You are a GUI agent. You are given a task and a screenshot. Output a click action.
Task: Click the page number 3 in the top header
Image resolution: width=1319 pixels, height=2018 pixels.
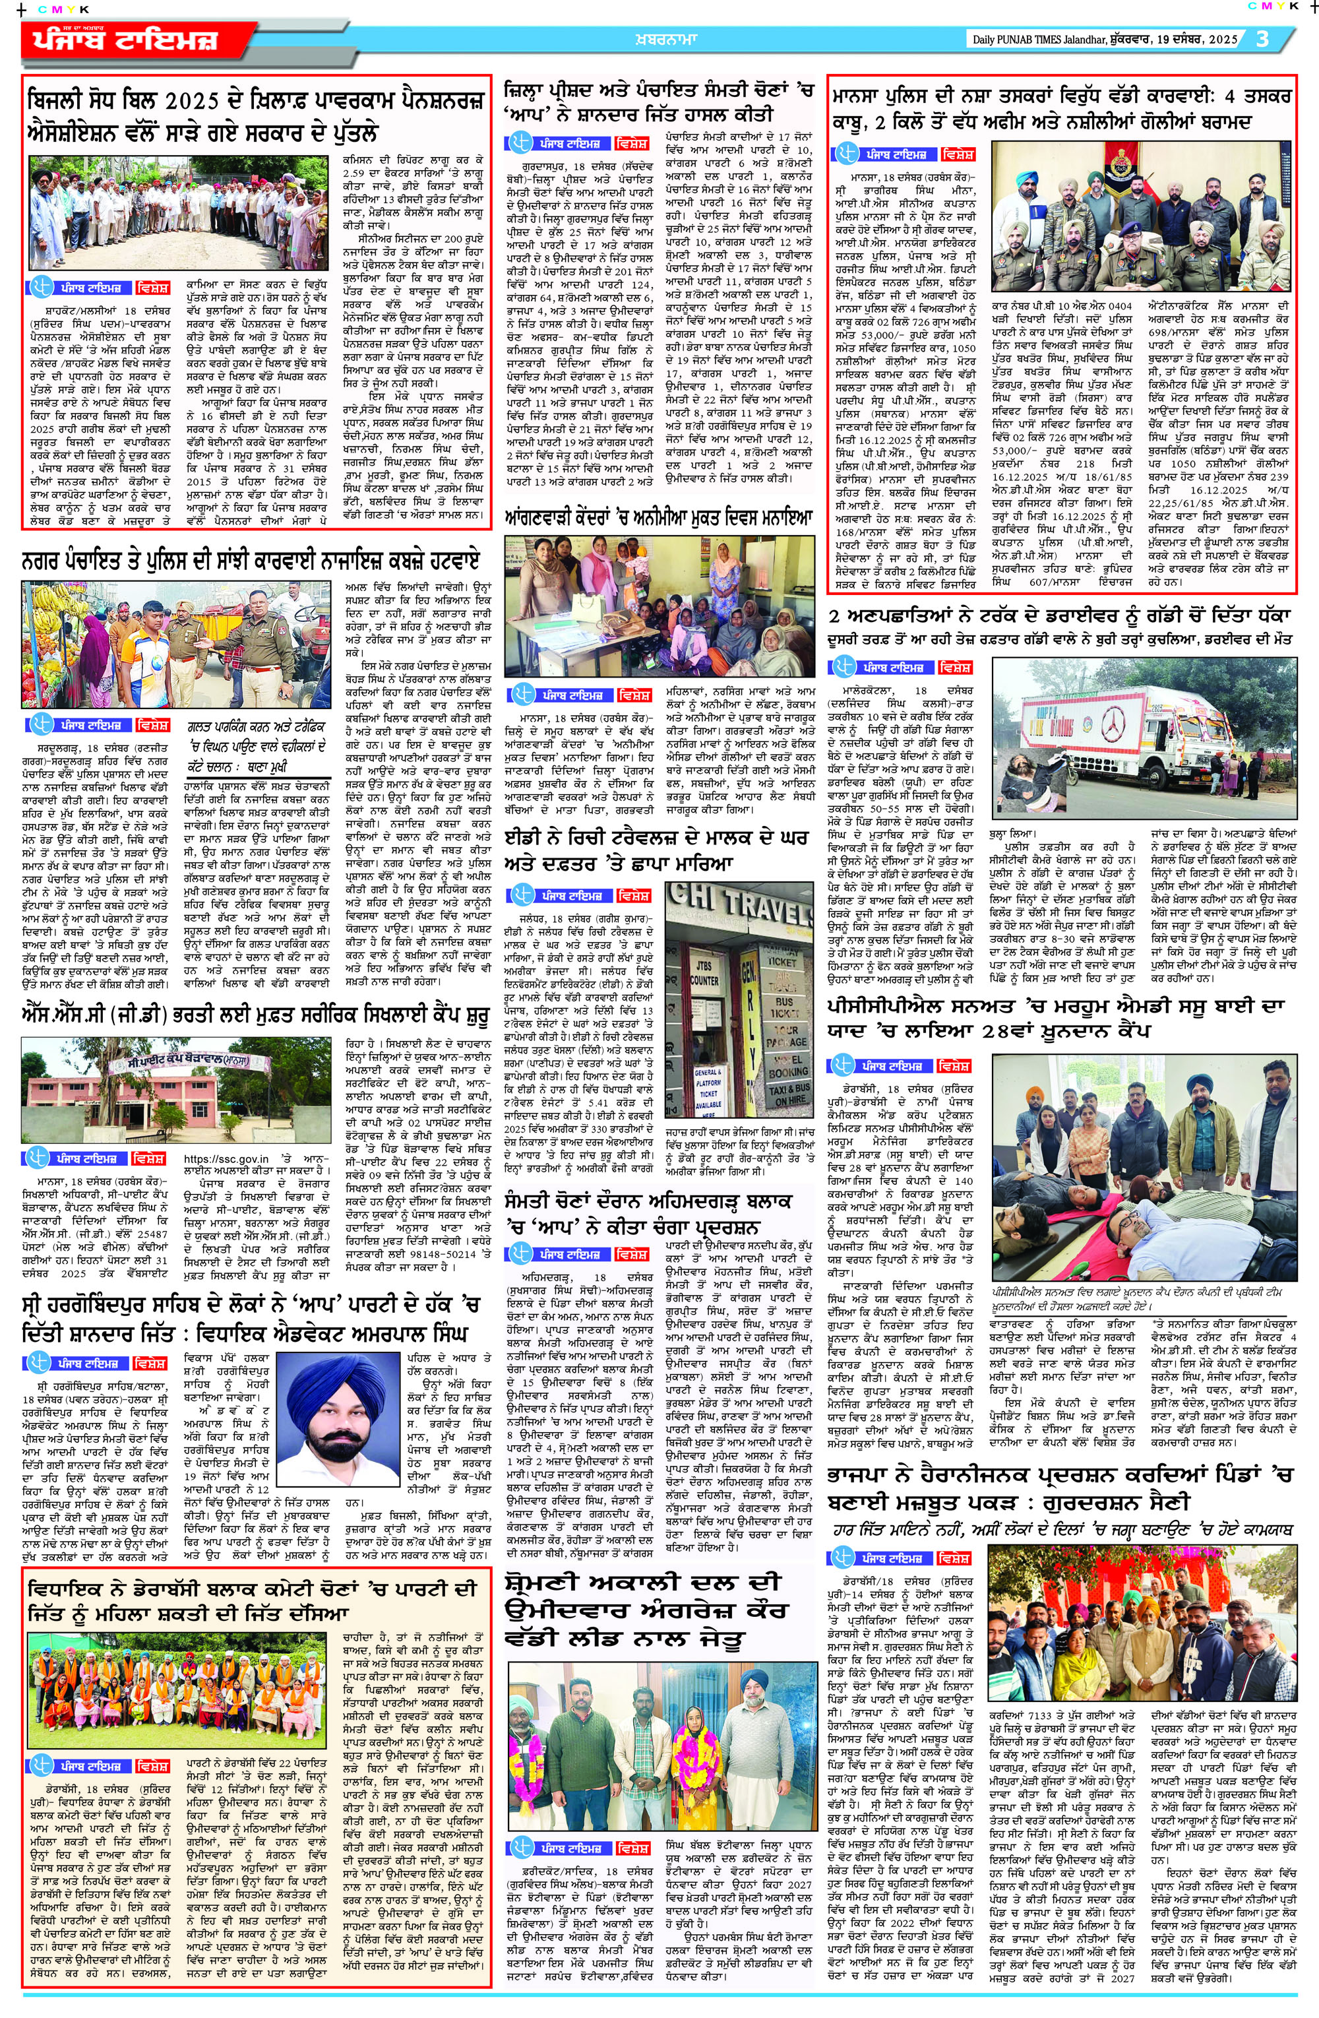coord(1263,39)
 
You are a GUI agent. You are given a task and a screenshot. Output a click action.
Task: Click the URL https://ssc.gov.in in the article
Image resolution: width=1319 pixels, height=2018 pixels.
coord(226,1159)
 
